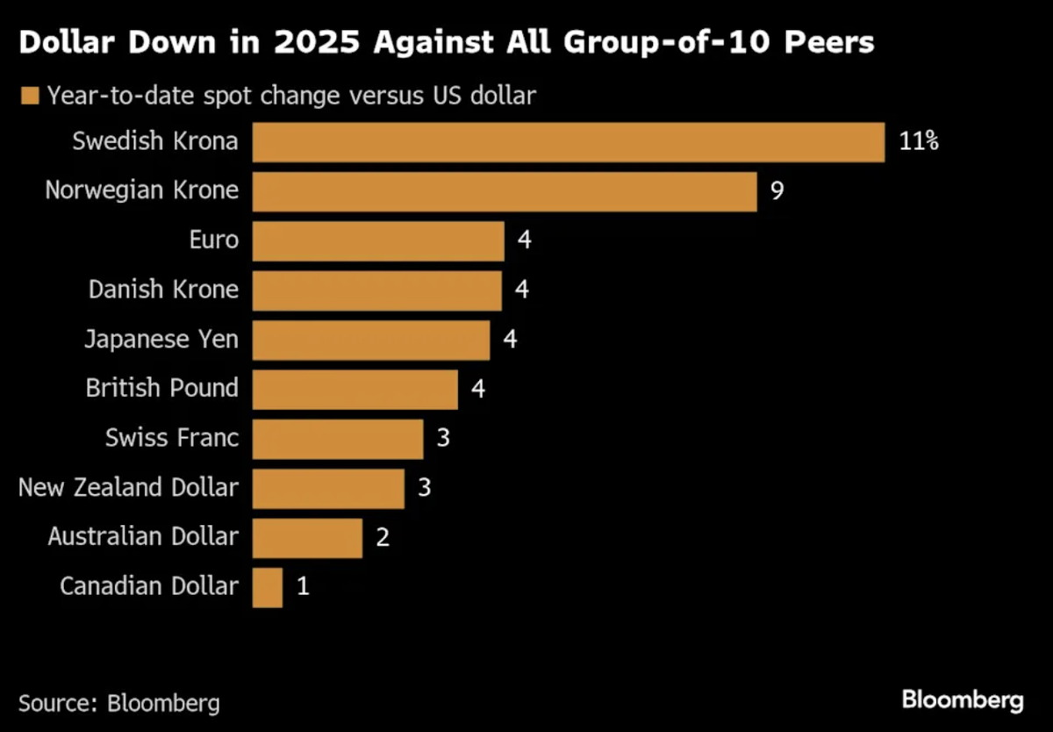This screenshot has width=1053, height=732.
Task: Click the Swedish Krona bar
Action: coord(568,142)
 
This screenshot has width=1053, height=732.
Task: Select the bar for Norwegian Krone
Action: coord(504,191)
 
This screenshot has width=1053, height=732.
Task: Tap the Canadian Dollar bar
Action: coord(268,587)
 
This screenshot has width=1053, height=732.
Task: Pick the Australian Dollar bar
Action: coord(307,538)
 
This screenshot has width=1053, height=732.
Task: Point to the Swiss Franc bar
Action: coord(338,439)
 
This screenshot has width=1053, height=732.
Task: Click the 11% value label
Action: coord(919,142)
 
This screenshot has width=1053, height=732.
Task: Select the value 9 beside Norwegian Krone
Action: coord(777,191)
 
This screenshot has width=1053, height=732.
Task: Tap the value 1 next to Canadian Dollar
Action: coord(303,587)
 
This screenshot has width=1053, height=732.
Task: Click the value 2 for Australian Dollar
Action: coord(383,538)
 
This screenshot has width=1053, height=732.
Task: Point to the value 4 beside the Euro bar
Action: coord(524,240)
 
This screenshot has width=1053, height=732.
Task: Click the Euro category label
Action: coord(213,240)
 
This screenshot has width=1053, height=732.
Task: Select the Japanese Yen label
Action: coord(161,340)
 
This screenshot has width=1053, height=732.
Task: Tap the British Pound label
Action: coord(162,389)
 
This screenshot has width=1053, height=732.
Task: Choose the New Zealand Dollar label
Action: coord(128,488)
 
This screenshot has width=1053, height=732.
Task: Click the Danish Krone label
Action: coord(163,290)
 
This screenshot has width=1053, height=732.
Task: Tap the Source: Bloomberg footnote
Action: coord(119,703)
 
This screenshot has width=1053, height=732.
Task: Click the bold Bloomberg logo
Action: coord(962,700)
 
